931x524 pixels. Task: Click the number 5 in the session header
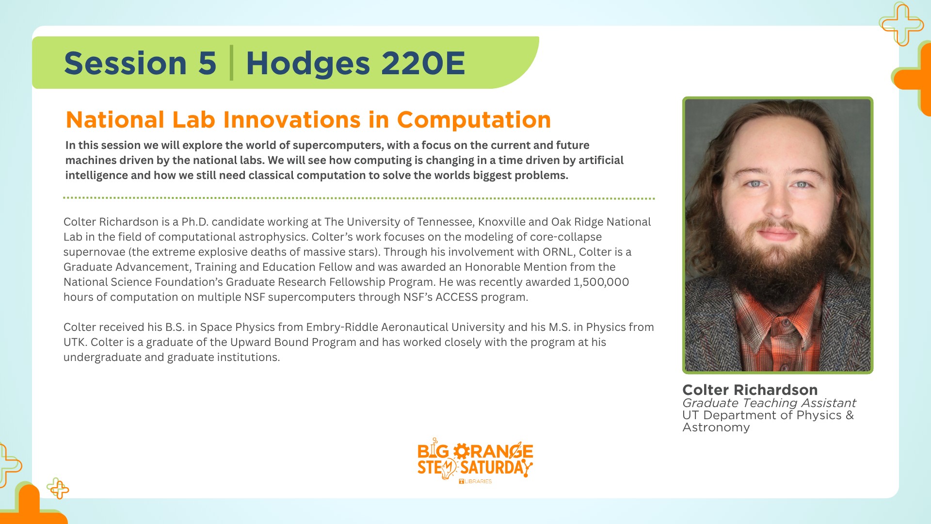(x=207, y=64)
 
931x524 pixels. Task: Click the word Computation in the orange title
(x=474, y=120)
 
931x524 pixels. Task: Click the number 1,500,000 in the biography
(x=601, y=282)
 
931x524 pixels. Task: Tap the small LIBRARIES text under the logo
(x=478, y=481)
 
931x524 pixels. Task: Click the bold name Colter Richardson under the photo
(x=750, y=390)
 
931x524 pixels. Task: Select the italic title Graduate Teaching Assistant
(x=769, y=403)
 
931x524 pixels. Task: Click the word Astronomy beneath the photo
(x=716, y=427)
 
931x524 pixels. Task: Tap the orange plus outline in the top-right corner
(x=901, y=24)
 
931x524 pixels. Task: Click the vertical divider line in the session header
(x=231, y=63)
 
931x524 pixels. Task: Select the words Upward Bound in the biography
(x=261, y=343)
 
